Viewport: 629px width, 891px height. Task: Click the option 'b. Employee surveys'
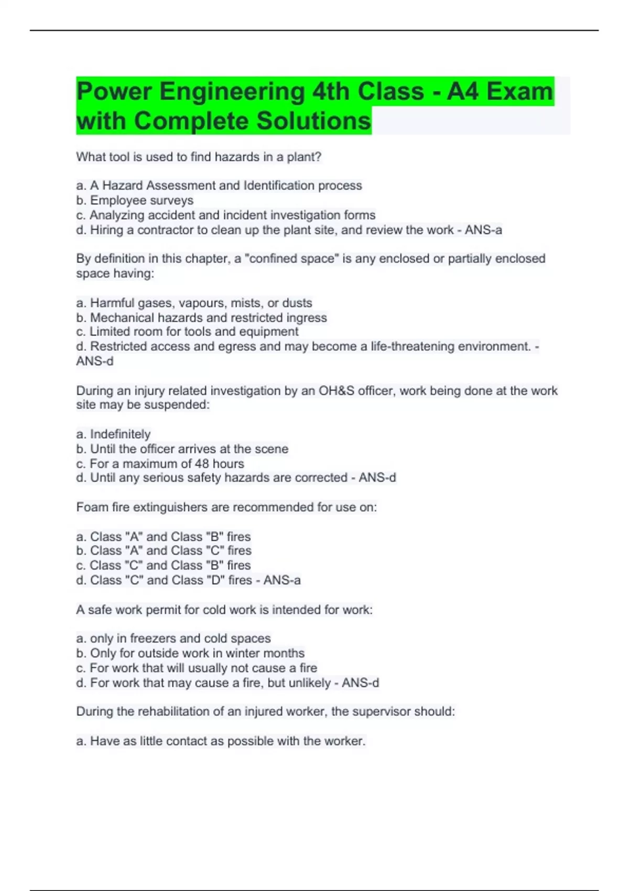(x=135, y=200)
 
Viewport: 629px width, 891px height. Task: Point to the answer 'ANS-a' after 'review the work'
(x=483, y=230)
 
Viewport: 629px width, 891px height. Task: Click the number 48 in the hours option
(x=201, y=464)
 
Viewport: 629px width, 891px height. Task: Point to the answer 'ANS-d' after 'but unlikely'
(x=361, y=683)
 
